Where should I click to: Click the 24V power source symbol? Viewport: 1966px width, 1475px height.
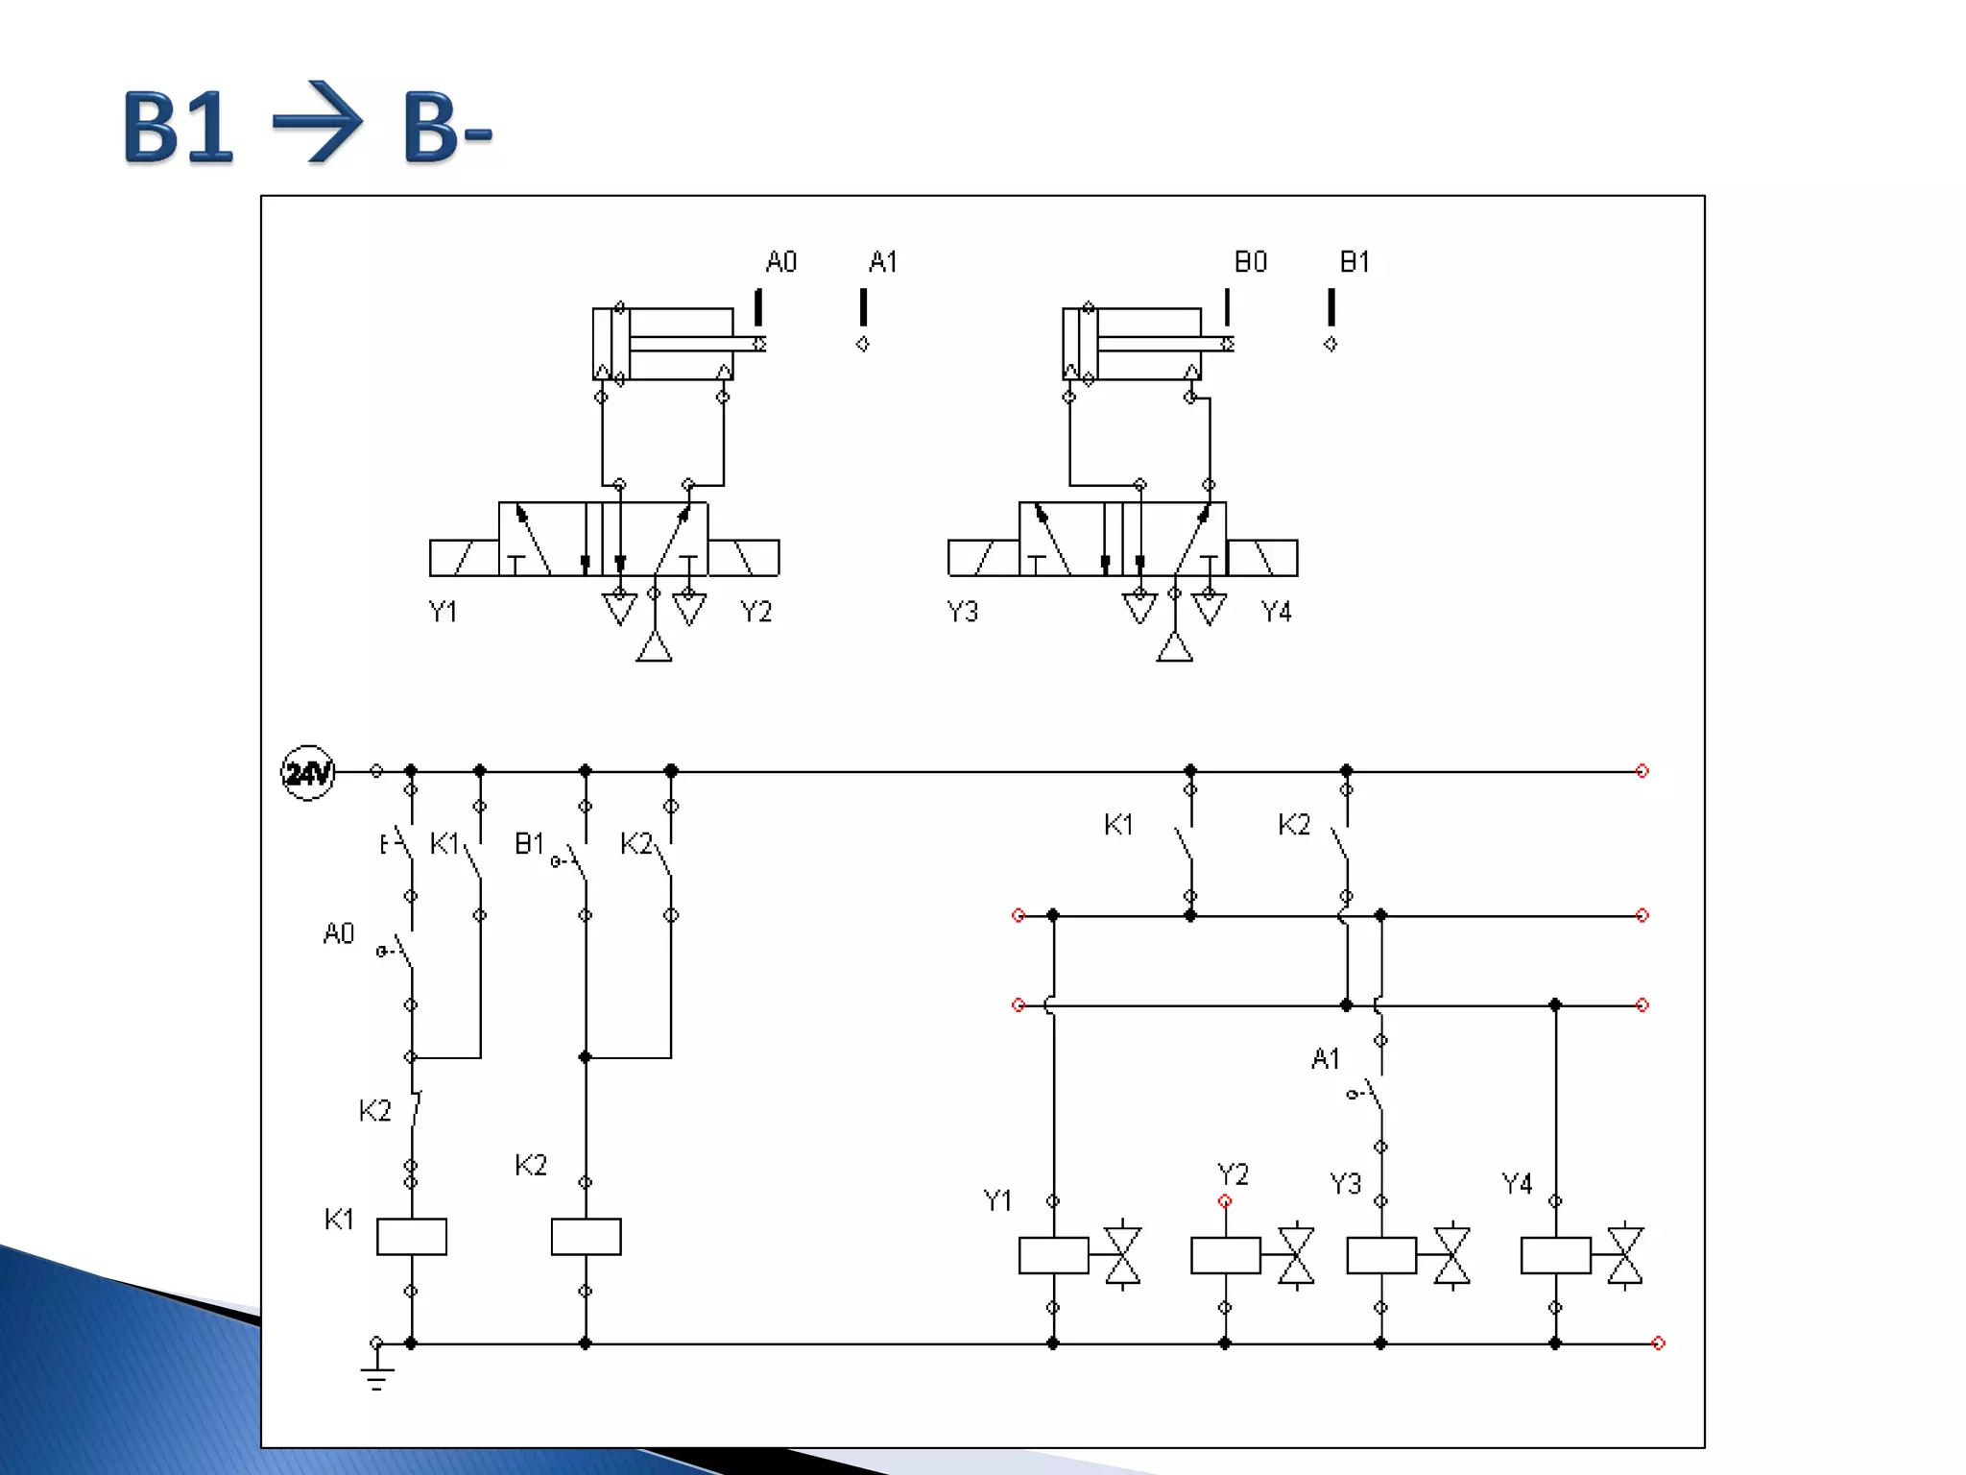coord(307,772)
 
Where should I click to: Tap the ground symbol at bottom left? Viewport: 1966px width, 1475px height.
coord(376,1375)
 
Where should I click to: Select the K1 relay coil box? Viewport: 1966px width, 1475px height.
coord(411,1237)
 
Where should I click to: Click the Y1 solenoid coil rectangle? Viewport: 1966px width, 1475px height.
coord(1053,1255)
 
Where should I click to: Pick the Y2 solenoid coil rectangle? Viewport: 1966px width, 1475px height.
coord(1225,1255)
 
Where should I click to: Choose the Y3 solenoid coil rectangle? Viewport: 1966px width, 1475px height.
coord(1381,1255)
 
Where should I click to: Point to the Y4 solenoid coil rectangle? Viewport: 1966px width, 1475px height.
coord(1555,1255)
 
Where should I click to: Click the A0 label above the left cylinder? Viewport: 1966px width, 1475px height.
coord(780,262)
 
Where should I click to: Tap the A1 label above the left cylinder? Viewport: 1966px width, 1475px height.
coord(883,262)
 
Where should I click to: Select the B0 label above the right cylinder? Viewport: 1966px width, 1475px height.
coord(1250,262)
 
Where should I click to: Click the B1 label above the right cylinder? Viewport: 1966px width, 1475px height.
coord(1355,262)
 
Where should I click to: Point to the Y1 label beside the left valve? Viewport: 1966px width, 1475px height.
coord(443,612)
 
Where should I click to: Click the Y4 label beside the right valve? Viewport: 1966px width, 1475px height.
coord(1276,612)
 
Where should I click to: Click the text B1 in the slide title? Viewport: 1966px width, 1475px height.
coord(178,127)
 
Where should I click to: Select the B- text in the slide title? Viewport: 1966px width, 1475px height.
coord(447,127)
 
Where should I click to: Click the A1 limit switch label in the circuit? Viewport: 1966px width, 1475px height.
coord(1325,1059)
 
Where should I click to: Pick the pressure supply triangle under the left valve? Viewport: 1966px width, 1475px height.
coord(654,647)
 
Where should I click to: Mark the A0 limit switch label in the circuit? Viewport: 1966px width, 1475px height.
coord(339,933)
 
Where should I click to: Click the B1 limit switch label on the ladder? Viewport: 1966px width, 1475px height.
coord(529,843)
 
